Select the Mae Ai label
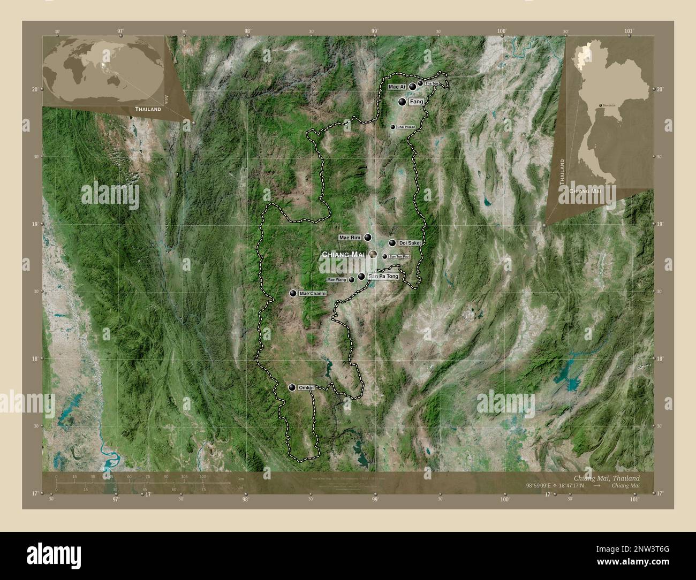397,87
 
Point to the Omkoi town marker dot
292,387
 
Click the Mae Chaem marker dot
293,293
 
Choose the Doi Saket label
410,243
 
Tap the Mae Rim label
351,237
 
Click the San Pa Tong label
383,276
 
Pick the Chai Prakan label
406,127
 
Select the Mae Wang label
337,280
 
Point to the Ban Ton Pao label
399,256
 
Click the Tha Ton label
432,83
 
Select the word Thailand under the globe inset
148,109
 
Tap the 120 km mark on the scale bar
202,476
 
